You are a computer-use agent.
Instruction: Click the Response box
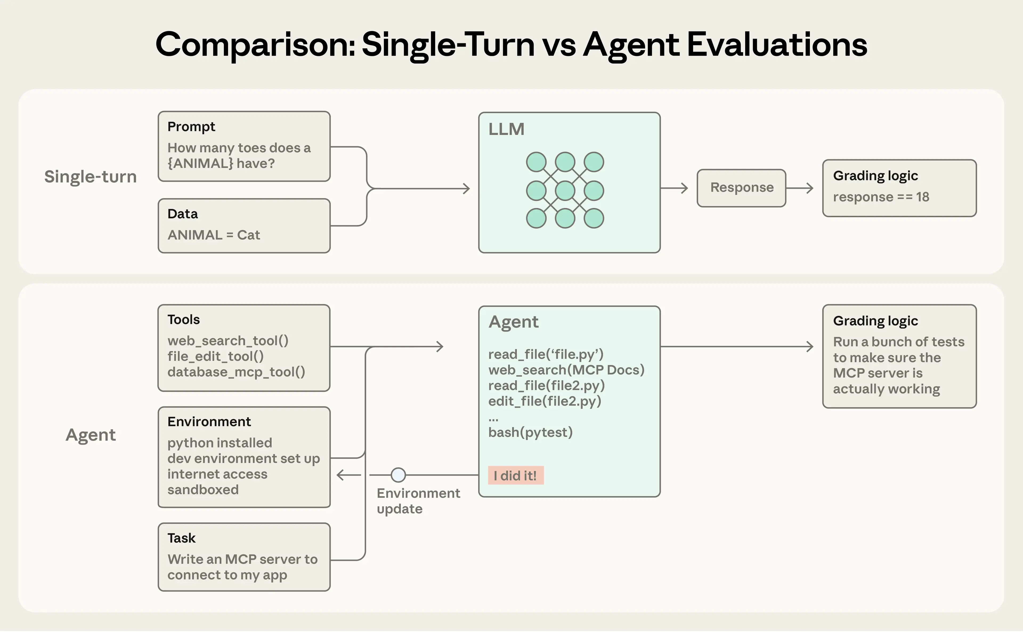tap(741, 188)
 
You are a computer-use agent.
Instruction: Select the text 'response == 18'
tap(881, 197)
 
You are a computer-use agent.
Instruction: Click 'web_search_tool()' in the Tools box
tap(228, 341)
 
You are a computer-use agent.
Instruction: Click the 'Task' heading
tap(181, 538)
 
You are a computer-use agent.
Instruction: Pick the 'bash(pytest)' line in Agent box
tap(530, 432)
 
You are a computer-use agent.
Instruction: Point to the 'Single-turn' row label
tap(90, 177)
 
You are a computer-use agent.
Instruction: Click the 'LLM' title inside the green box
tap(506, 129)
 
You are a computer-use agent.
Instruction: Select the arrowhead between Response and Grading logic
tap(810, 188)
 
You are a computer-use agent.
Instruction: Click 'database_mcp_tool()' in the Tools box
tap(236, 372)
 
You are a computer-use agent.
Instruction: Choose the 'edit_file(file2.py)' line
tap(545, 401)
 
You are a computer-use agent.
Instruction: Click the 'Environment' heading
tap(209, 421)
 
